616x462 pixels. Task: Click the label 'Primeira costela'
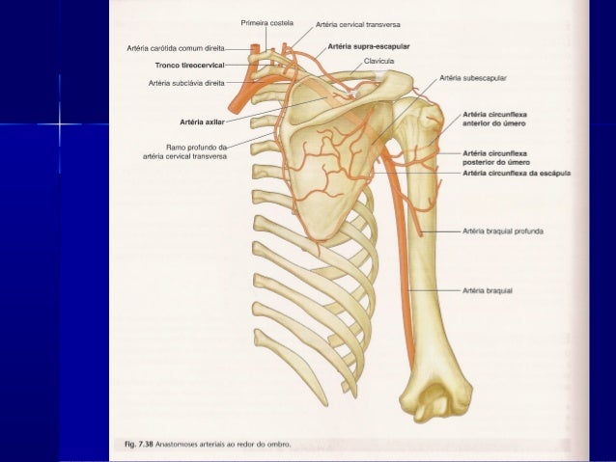click(x=266, y=23)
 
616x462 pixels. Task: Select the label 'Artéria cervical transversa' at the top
click(x=358, y=25)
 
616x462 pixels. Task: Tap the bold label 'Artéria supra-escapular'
click(x=369, y=46)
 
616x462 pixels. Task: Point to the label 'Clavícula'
click(x=378, y=61)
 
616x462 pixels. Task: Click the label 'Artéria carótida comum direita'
click(x=176, y=48)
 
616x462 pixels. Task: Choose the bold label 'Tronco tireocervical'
click(x=189, y=66)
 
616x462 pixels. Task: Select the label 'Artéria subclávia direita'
click(x=186, y=83)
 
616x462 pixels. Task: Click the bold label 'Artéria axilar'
click(x=202, y=122)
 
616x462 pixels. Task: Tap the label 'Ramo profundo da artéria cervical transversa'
click(x=184, y=151)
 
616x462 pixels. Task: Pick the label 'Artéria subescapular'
click(x=473, y=78)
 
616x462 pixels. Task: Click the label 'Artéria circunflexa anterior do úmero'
click(x=494, y=119)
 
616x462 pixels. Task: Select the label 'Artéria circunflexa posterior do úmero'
click(x=496, y=158)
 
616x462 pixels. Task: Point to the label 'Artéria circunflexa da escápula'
click(x=517, y=173)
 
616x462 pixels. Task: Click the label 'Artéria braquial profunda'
click(x=503, y=231)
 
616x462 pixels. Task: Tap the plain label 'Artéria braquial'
click(x=488, y=291)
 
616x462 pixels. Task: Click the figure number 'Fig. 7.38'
click(x=139, y=445)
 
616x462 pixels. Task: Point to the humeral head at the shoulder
click(x=426, y=116)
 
